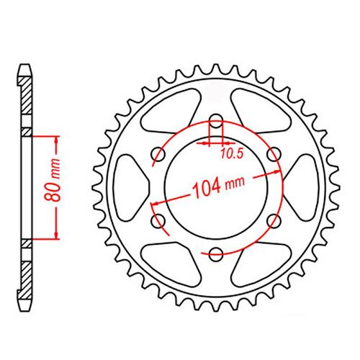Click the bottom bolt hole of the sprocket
click(216, 253)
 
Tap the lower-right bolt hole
click(272, 220)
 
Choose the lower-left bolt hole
click(159, 220)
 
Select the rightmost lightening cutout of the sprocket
click(300, 188)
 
